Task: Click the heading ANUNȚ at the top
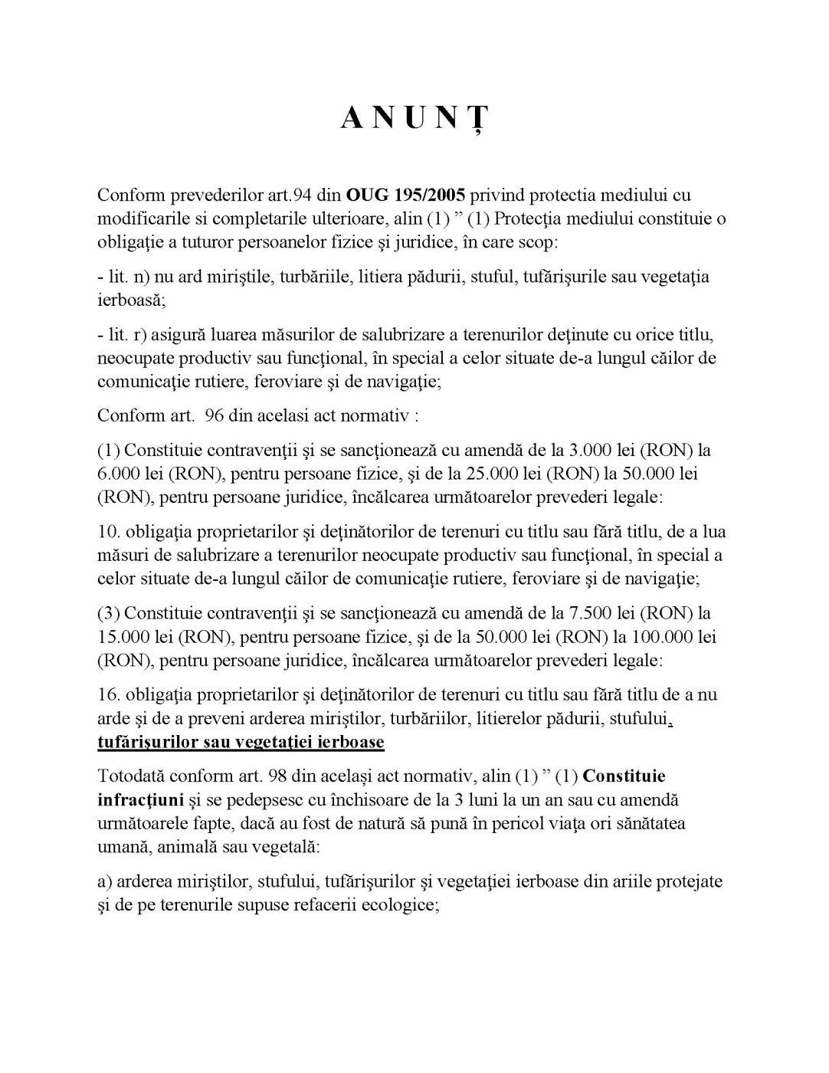coord(414,119)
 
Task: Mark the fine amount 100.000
coord(664,637)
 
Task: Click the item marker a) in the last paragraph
coord(105,881)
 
